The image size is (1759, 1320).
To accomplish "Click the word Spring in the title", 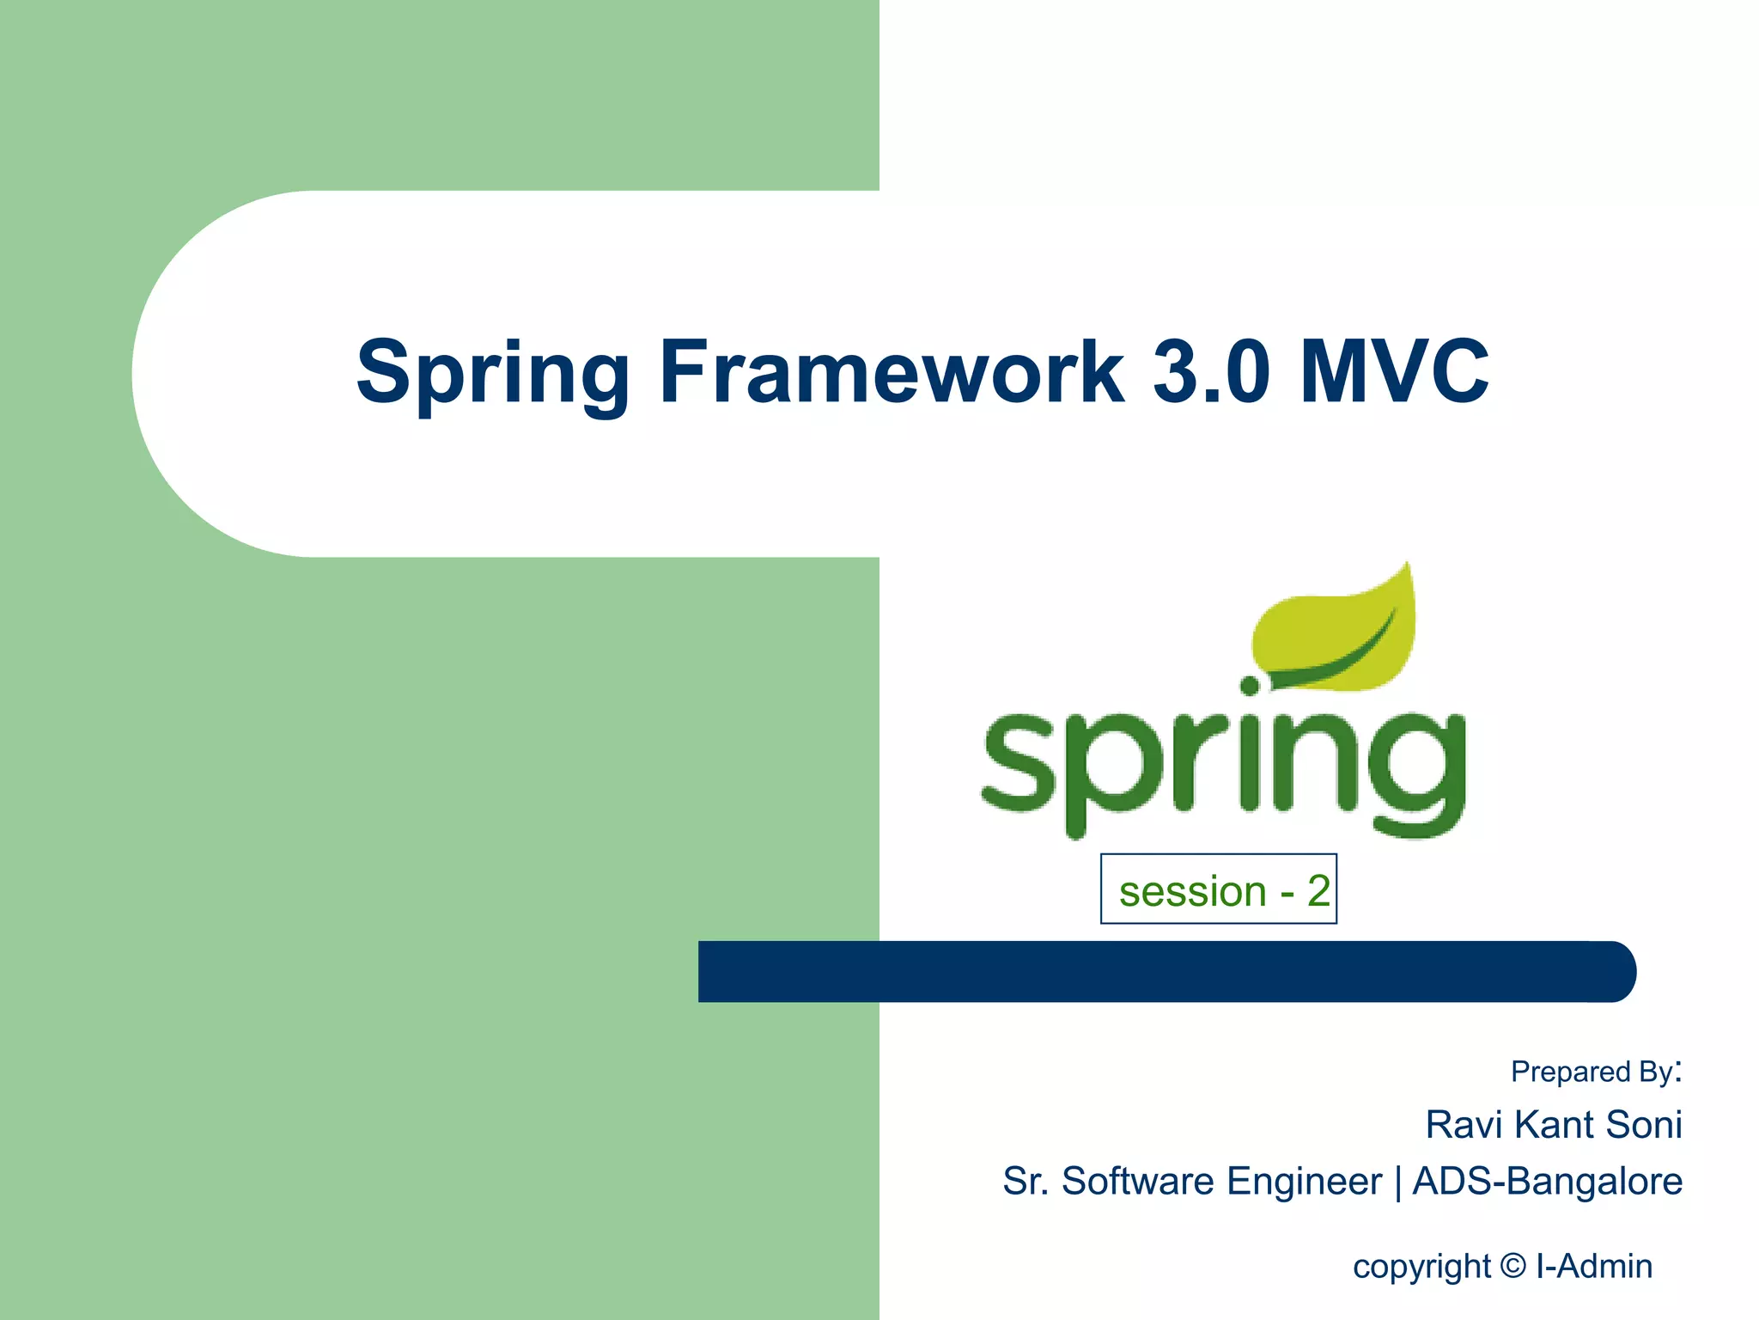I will [493, 373].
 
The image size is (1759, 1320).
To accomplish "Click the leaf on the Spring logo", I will [1336, 632].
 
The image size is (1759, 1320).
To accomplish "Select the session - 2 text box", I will [1218, 889].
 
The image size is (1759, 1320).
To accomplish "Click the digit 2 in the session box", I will [1318, 891].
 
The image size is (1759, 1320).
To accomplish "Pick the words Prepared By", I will [1593, 1072].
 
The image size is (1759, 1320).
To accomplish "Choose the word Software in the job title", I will [1137, 1181].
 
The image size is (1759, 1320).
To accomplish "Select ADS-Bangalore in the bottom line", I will [1547, 1181].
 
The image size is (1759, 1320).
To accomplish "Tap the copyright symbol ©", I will [1513, 1266].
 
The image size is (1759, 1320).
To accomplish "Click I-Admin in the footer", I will [1594, 1266].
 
